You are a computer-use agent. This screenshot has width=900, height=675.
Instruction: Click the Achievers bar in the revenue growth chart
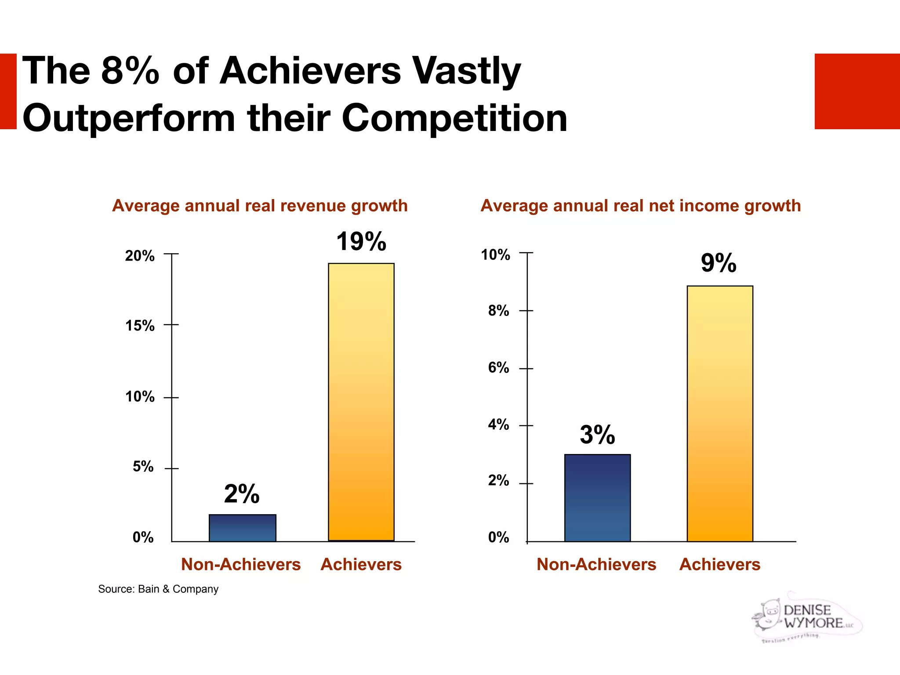361,402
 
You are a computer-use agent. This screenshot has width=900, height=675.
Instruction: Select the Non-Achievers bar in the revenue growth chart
242,528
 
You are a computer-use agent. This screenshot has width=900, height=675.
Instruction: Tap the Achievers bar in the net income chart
720,413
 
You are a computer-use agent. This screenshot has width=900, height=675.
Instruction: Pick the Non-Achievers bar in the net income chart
597,497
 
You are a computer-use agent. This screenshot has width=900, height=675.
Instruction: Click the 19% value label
361,242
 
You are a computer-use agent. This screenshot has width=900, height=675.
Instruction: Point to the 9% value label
719,263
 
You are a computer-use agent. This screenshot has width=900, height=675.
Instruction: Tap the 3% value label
597,435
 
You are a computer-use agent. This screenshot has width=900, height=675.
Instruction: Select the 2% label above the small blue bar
242,494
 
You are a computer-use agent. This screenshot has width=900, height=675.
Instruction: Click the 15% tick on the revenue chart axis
140,326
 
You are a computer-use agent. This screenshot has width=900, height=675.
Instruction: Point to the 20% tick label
140,256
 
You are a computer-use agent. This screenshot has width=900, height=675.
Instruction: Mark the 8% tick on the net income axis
498,311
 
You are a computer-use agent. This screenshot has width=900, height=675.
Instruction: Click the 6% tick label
498,367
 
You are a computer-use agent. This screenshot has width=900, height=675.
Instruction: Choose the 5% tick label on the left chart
143,467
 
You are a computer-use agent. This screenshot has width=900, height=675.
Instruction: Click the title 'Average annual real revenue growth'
260,206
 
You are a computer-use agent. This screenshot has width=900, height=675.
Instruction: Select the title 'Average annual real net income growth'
641,206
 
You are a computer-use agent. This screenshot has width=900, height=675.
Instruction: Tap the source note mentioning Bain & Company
158,589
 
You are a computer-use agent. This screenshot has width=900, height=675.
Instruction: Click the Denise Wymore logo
807,617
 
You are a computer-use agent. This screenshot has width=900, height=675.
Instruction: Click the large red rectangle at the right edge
857,91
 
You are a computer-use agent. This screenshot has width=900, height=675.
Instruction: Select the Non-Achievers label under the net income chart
596,564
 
